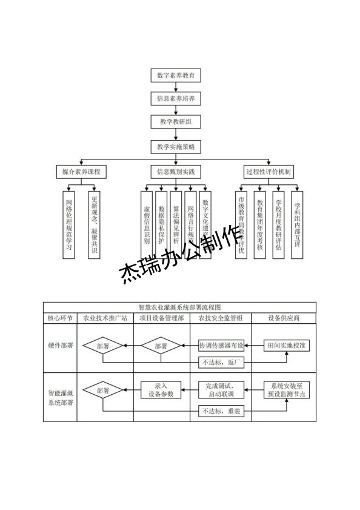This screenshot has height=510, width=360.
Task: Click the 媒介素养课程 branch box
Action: click(x=81, y=172)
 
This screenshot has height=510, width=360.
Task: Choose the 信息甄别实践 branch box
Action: click(x=175, y=172)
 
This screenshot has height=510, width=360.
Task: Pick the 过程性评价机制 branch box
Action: click(x=268, y=172)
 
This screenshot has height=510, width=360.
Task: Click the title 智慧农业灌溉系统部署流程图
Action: click(x=180, y=307)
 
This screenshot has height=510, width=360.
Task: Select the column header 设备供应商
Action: click(x=284, y=318)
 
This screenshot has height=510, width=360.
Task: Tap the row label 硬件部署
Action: click(x=60, y=346)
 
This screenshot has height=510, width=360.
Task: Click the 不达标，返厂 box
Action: click(x=221, y=363)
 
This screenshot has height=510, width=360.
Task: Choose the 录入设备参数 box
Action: click(x=161, y=390)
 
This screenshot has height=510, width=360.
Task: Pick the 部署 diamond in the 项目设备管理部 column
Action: click(x=161, y=346)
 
